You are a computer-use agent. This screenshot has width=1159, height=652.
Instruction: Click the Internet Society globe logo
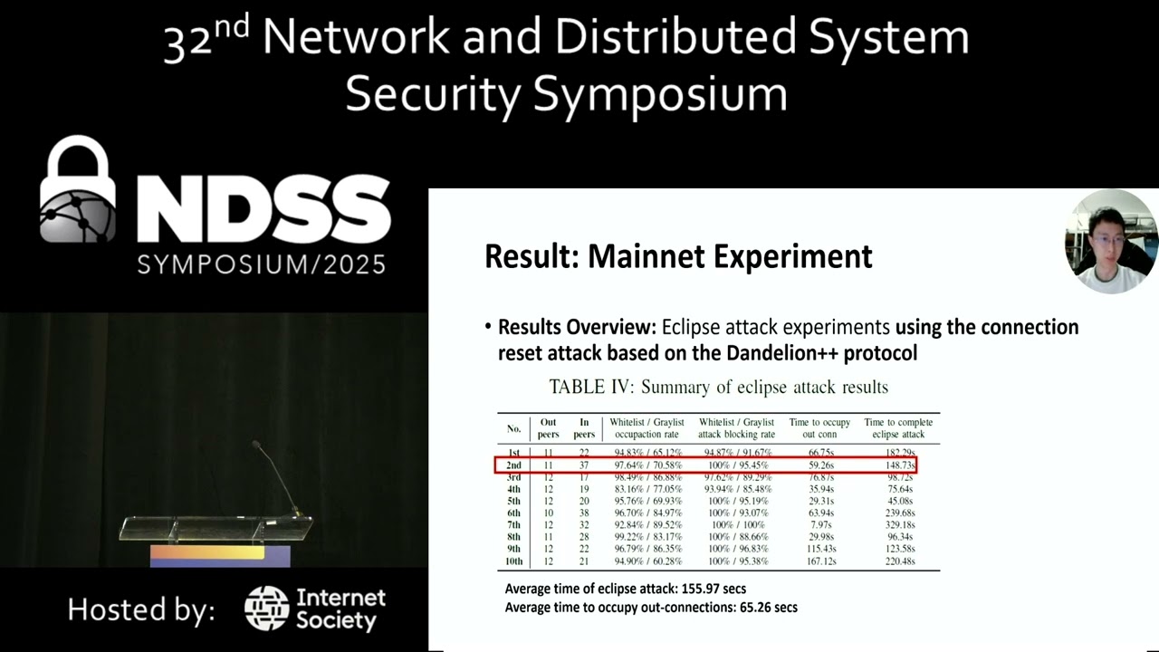266,609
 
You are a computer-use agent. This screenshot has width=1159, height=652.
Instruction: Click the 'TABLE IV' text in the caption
589,388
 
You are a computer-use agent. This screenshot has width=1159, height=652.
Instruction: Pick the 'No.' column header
514,428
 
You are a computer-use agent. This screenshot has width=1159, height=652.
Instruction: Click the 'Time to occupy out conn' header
819,428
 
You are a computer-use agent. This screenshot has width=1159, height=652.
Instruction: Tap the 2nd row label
514,465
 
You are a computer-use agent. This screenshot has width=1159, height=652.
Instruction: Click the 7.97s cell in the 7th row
820,524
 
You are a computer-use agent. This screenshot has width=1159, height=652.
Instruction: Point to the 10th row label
514,561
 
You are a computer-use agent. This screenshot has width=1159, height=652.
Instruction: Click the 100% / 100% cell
735,524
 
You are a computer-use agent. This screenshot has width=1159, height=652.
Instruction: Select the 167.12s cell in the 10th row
820,561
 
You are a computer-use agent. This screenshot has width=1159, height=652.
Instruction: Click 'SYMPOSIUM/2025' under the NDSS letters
261,264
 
